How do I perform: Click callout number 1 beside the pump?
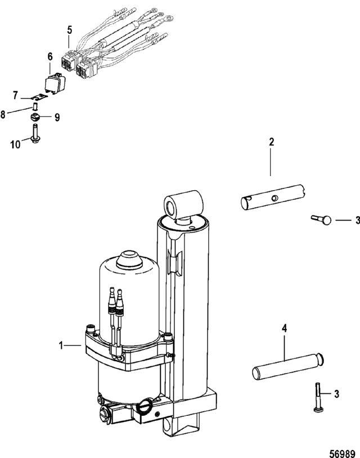61,345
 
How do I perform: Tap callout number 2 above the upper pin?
272,142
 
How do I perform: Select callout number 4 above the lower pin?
284,329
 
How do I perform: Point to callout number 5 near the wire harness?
70,30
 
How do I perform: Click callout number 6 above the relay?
50,56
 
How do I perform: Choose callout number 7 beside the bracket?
15,96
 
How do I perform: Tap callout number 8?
3,115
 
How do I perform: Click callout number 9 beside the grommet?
57,118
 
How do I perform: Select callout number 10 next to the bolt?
16,144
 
